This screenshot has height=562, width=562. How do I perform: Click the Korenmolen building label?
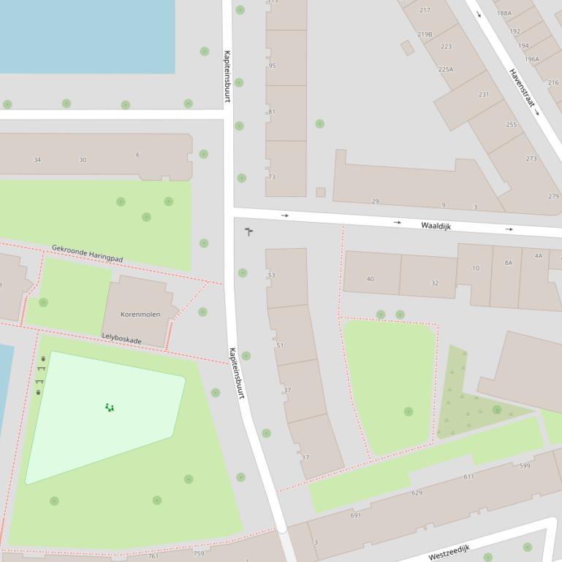pyautogui.click(x=140, y=314)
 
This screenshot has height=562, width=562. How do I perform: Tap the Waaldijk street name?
pyautogui.click(x=436, y=226)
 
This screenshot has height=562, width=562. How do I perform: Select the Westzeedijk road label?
pyautogui.click(x=449, y=552)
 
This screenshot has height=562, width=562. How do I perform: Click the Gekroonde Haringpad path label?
pyautogui.click(x=87, y=253)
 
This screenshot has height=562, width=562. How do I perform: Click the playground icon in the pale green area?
pyautogui.click(x=110, y=407)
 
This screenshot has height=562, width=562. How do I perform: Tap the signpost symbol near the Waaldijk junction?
pyautogui.click(x=248, y=231)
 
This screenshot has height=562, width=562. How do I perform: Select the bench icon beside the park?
pyautogui.click(x=39, y=381)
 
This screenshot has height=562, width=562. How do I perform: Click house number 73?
pyautogui.click(x=272, y=177)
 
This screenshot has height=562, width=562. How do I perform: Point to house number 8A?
pyautogui.click(x=508, y=262)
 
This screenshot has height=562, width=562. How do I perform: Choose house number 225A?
pyautogui.click(x=446, y=69)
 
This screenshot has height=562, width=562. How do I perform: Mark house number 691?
pyautogui.click(x=356, y=515)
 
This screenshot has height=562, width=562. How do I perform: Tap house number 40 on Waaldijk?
pyautogui.click(x=370, y=279)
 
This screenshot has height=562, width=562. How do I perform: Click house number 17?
pyautogui.click(x=305, y=458)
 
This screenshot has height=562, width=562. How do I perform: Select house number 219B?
pyautogui.click(x=425, y=34)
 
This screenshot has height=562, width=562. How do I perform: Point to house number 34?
pyautogui.click(x=37, y=160)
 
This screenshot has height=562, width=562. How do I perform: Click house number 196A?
pyautogui.click(x=531, y=59)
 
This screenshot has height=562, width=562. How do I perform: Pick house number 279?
pyautogui.click(x=553, y=196)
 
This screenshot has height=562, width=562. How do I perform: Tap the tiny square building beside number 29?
pyautogui.click(x=320, y=192)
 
